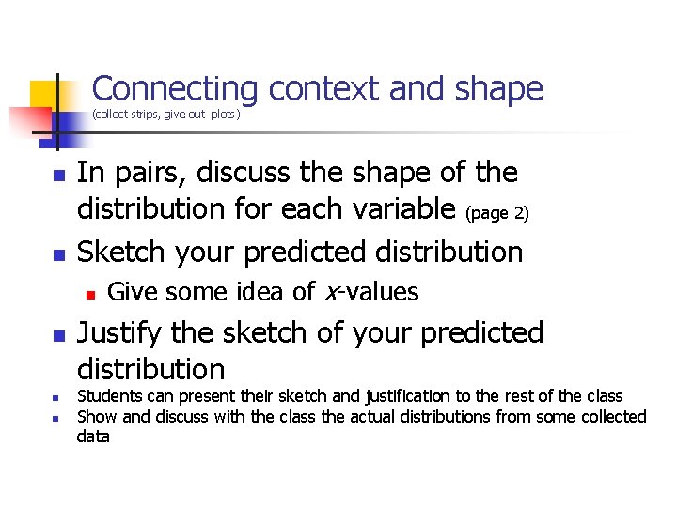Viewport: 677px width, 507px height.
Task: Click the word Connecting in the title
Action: (x=175, y=89)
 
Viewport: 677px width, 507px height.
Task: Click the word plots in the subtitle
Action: (x=224, y=115)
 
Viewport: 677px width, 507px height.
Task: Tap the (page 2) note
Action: (x=498, y=214)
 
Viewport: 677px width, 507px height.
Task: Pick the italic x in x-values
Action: (x=329, y=293)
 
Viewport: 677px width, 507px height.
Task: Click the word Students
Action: (x=107, y=396)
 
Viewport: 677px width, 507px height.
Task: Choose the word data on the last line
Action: (x=93, y=436)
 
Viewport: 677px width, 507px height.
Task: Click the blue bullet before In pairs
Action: (x=58, y=176)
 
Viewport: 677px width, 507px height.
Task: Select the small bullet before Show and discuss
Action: (x=56, y=417)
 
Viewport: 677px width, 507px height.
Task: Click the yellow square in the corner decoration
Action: (x=45, y=95)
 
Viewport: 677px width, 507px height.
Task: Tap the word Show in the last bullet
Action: (x=95, y=416)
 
